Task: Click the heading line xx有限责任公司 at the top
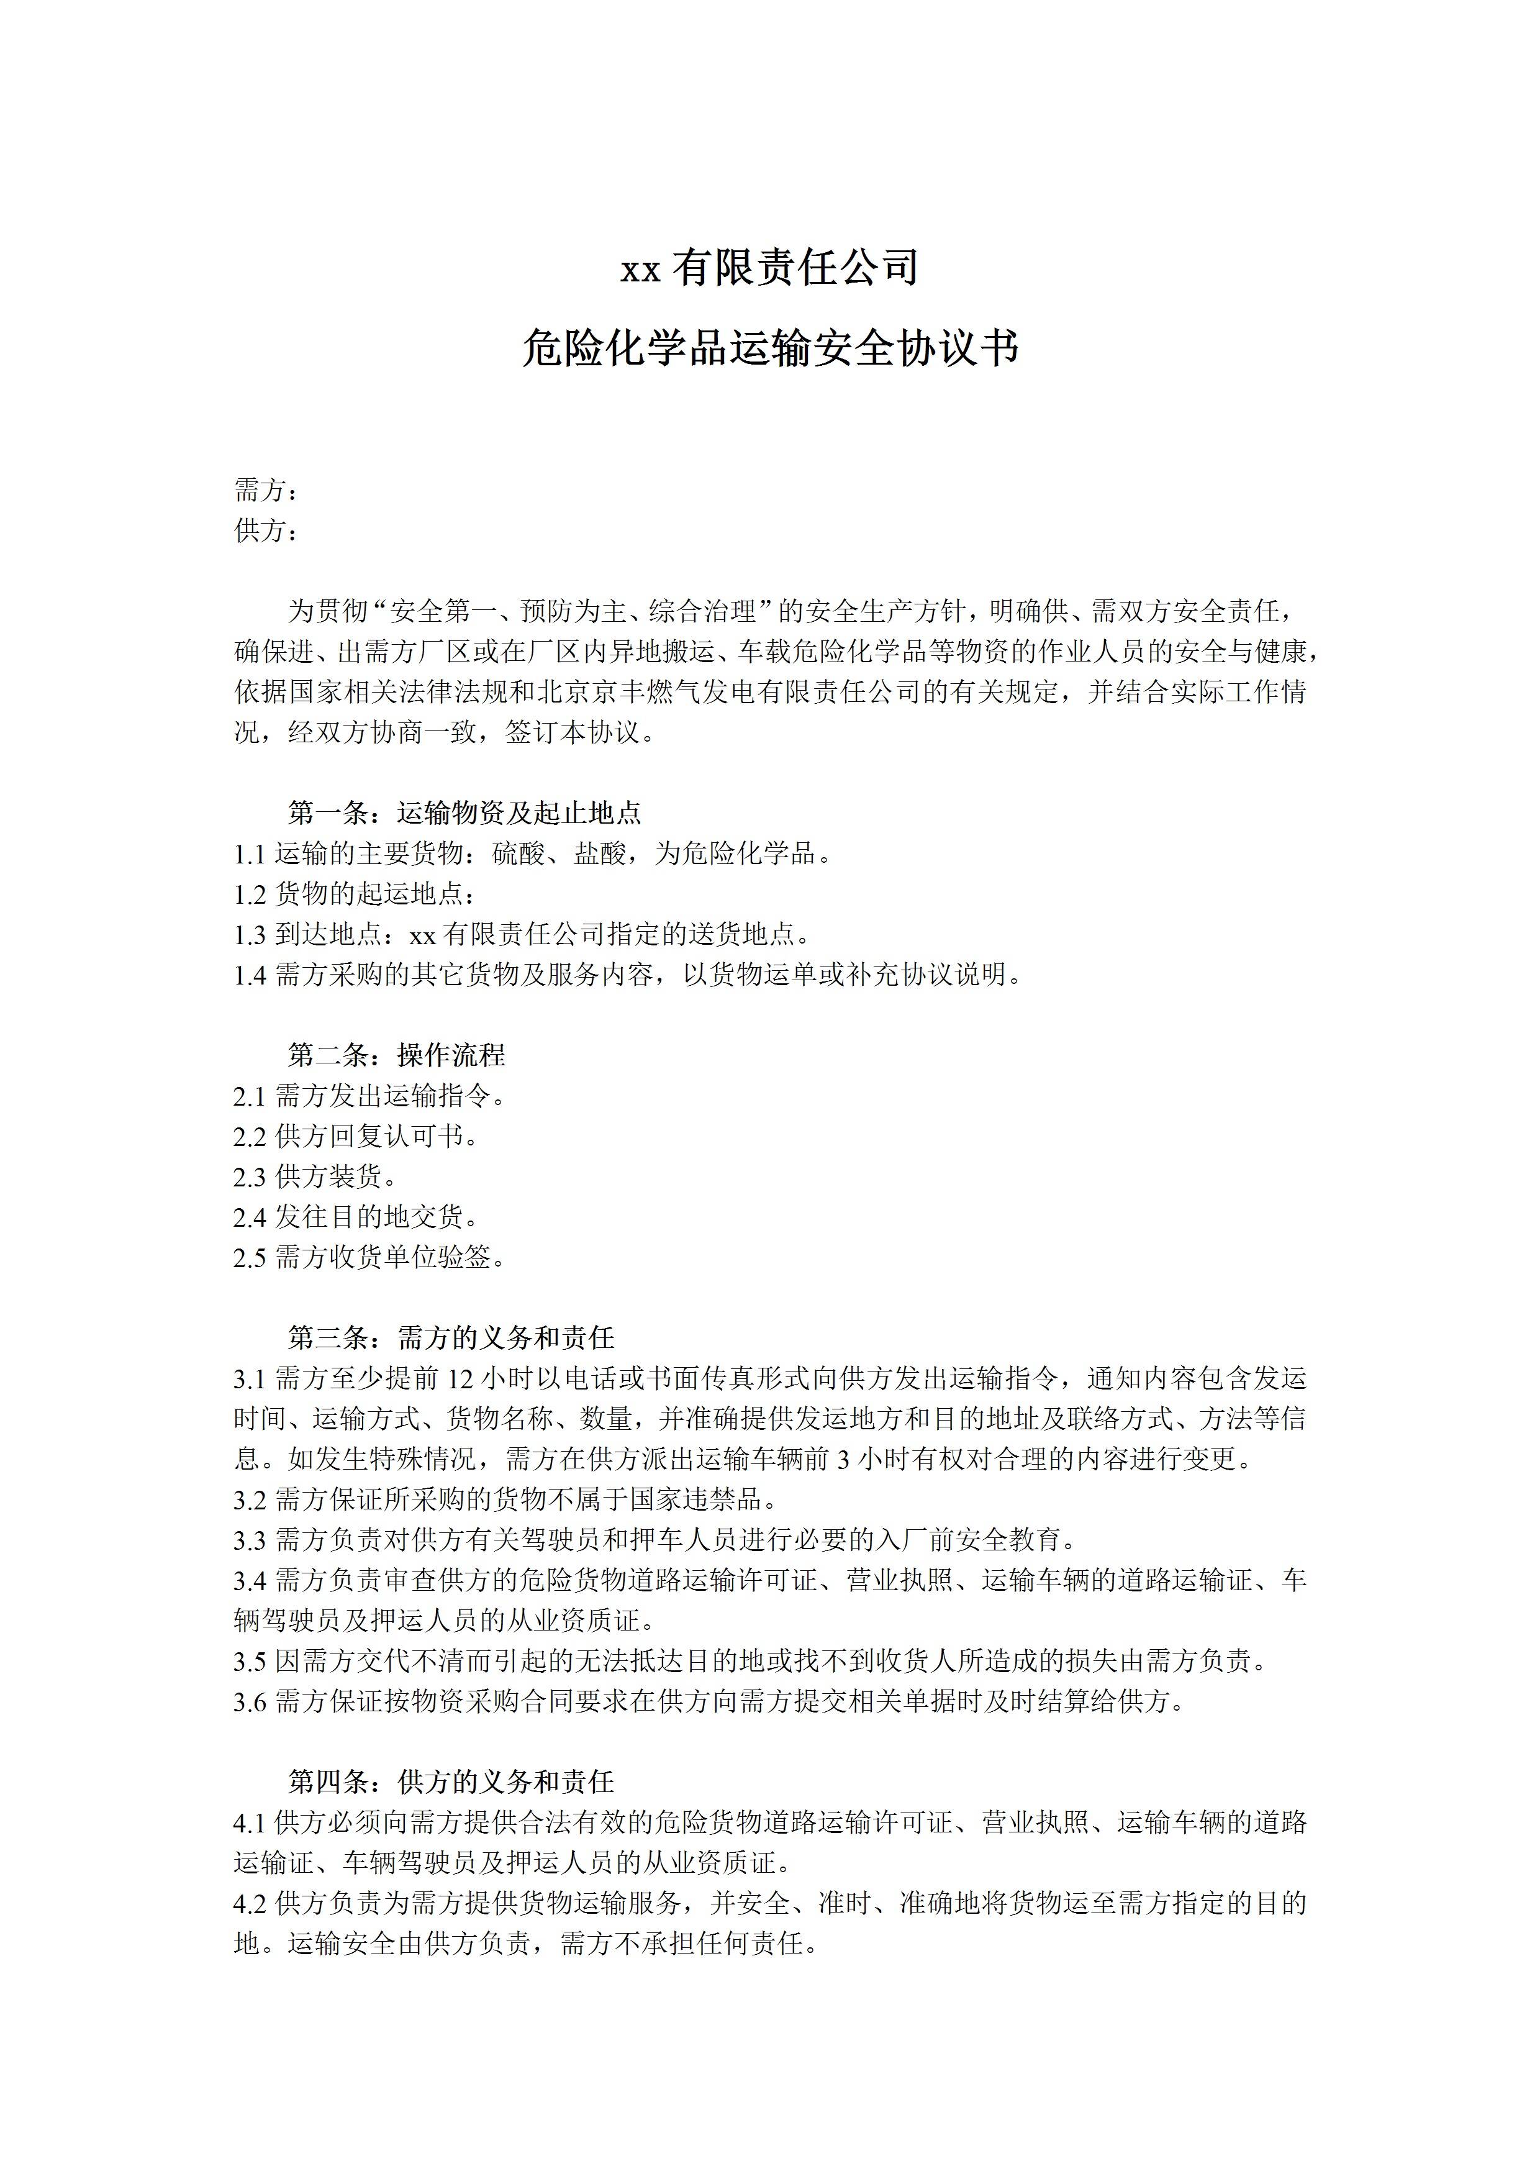tap(769, 268)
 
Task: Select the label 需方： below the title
tap(266, 491)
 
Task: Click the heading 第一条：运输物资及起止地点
tap(465, 812)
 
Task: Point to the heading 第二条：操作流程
tap(397, 1055)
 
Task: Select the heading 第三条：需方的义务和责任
tap(451, 1338)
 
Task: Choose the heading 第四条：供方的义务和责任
tap(451, 1782)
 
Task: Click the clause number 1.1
tap(250, 854)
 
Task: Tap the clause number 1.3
tap(250, 935)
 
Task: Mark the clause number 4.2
tap(250, 1904)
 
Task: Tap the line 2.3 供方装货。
tap(316, 1177)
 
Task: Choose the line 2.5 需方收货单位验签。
tap(370, 1257)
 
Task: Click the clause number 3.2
tap(250, 1499)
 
